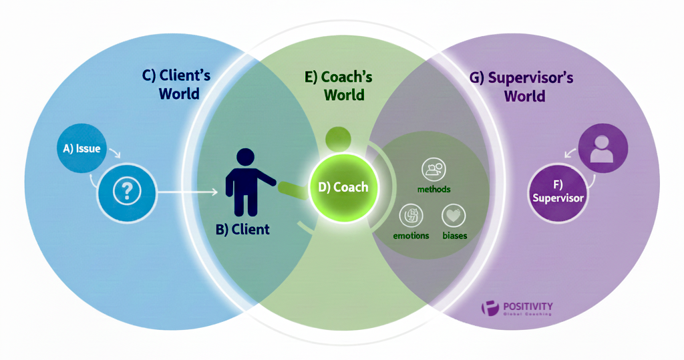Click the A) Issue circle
[x=78, y=148]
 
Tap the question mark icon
[x=124, y=192]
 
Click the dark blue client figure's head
[x=246, y=158]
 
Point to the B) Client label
[x=242, y=230]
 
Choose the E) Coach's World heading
[x=339, y=85]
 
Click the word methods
[x=434, y=189]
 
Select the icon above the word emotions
[x=411, y=216]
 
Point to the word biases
[x=454, y=236]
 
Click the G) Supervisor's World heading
[x=522, y=86]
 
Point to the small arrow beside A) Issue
[x=114, y=155]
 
